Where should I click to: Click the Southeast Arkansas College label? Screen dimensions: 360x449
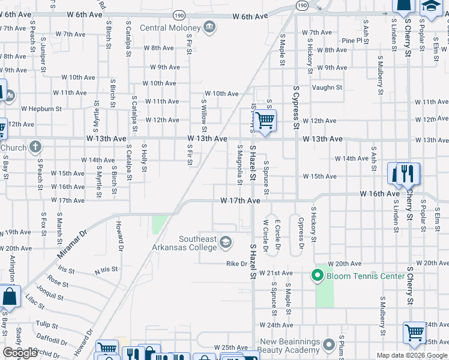197,243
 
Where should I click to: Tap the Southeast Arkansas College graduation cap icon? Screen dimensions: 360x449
226,242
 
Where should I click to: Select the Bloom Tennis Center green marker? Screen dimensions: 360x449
317,276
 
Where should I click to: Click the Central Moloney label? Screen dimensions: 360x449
170,28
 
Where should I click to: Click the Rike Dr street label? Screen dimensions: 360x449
237,263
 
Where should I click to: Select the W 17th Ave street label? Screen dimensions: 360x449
240,200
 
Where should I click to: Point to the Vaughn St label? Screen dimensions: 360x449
327,88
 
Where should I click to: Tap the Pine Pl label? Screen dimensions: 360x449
348,41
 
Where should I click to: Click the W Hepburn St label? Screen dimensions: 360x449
41,109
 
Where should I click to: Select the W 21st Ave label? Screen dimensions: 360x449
279,273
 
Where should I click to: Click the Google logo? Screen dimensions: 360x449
20,353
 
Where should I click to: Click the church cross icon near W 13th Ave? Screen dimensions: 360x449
35,146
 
